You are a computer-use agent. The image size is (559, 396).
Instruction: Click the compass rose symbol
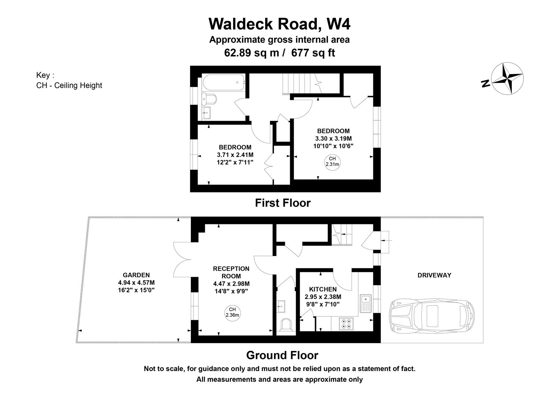click(507, 78)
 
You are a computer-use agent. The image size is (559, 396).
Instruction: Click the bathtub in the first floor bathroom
click(223, 83)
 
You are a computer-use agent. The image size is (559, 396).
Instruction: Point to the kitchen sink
click(366, 303)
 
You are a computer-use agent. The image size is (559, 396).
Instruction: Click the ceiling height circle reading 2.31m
click(332, 161)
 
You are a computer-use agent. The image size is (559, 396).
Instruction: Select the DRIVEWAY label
click(434, 275)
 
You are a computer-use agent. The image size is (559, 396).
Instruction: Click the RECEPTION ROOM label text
click(231, 272)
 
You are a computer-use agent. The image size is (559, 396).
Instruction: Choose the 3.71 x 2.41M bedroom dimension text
click(235, 155)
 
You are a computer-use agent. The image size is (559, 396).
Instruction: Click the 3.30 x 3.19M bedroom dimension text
click(333, 138)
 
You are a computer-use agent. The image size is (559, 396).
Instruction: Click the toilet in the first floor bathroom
click(209, 98)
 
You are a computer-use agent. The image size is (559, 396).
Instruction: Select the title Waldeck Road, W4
click(279, 24)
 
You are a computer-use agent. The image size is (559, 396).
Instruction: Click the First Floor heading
click(282, 203)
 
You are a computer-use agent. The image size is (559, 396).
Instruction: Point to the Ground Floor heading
click(282, 355)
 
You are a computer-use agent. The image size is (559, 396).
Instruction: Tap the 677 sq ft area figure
click(313, 53)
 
